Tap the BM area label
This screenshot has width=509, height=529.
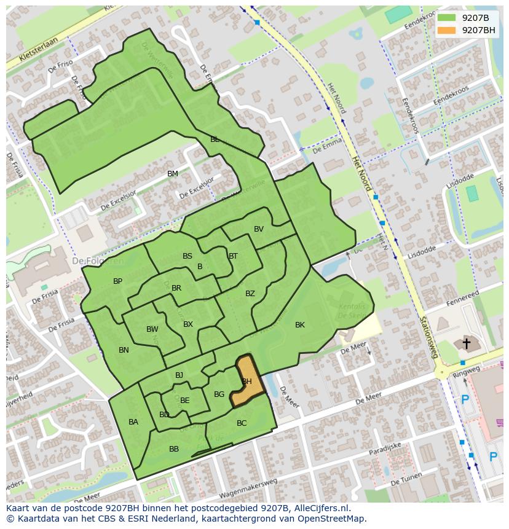point(173,174)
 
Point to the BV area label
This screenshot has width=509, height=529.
point(259,229)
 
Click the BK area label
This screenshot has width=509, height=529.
point(300,325)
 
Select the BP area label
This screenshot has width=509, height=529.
point(117,281)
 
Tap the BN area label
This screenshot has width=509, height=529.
point(124,350)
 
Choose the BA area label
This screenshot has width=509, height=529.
point(133,422)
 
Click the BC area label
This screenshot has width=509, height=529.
point(242,423)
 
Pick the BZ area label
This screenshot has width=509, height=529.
point(250,294)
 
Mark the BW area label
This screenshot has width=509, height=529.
point(152,329)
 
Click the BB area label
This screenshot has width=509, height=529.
point(174,449)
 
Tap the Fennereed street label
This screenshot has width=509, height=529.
point(462,299)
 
